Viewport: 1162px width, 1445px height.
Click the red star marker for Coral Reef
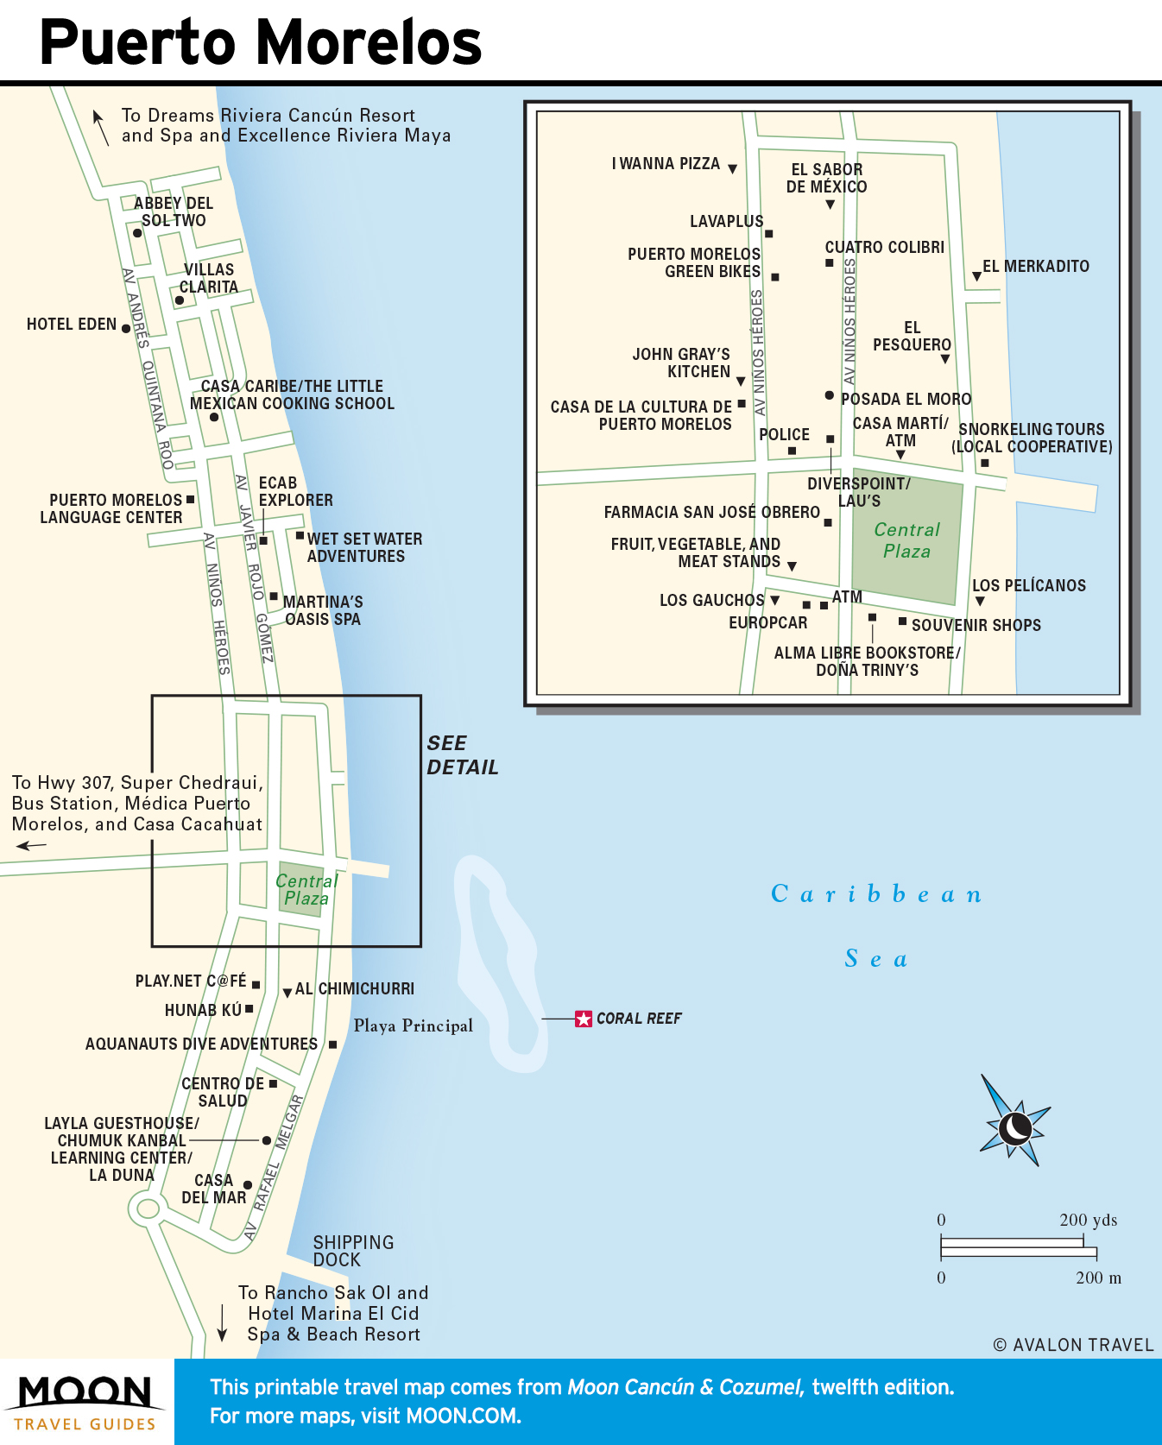(584, 1019)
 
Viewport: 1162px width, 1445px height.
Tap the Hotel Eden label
(72, 325)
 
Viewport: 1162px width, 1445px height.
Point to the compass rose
(1014, 1126)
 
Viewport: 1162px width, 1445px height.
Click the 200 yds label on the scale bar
(1088, 1220)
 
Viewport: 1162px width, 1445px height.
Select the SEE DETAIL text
(462, 755)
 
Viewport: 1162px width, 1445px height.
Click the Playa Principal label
(413, 1025)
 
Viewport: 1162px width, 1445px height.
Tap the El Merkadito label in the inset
(1035, 267)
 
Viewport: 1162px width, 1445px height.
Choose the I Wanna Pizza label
(666, 164)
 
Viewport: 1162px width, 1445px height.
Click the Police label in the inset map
(784, 434)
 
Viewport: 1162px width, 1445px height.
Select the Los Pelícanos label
(1029, 585)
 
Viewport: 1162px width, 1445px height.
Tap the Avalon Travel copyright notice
(1073, 1345)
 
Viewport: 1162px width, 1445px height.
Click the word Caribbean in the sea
(875, 893)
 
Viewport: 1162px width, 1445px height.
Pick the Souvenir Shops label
(976, 625)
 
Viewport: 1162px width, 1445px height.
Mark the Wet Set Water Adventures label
(364, 547)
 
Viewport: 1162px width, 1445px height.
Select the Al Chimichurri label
(354, 988)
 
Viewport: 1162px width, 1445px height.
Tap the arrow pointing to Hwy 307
(31, 846)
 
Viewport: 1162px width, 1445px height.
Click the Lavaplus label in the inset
(726, 222)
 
